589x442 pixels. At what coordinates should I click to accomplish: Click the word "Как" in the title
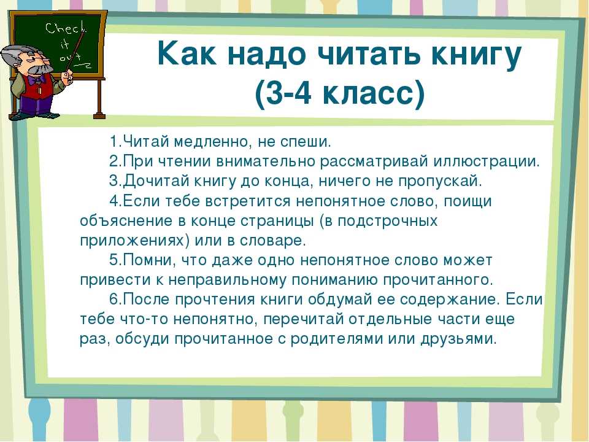click(x=187, y=55)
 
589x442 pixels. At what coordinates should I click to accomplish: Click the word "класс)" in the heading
click(x=374, y=93)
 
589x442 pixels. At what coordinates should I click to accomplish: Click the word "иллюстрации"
click(x=486, y=161)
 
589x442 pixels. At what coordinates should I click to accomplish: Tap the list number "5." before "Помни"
click(x=116, y=260)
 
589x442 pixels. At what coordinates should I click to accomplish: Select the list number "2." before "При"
click(x=116, y=161)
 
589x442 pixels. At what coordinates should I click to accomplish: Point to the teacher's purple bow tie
click(x=37, y=80)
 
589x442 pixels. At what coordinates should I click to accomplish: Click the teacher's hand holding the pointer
click(x=67, y=78)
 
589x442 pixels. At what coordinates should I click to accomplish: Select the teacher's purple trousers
click(x=34, y=105)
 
